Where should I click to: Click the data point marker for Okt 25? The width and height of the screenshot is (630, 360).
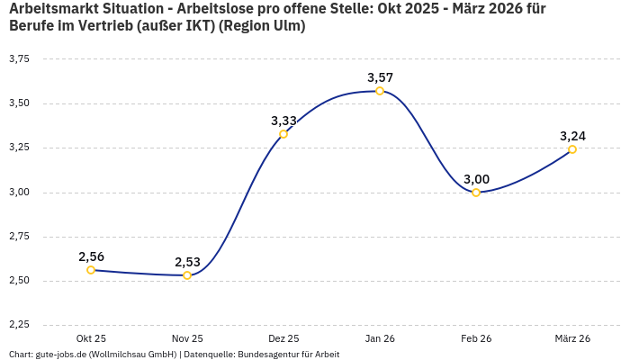coord(91,270)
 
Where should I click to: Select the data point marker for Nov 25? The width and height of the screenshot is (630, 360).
coord(187,275)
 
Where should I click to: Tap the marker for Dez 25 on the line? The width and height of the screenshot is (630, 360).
coord(283,134)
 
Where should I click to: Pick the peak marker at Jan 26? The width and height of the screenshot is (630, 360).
coord(380,91)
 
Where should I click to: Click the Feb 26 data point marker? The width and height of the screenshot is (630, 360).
coord(476,193)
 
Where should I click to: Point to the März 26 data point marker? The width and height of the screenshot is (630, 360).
coord(572,149)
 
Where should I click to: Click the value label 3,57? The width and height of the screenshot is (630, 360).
coord(380,77)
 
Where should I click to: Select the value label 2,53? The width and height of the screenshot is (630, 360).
coord(187,262)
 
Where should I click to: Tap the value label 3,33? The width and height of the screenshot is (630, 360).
coord(283,121)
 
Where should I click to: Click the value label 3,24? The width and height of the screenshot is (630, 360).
coord(572,136)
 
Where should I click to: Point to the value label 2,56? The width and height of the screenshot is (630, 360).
coord(91,256)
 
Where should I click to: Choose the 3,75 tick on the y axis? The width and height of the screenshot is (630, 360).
coord(19,58)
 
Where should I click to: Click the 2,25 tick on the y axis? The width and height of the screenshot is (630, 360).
coord(19,325)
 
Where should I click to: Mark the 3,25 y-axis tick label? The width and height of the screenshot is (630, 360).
coord(19,148)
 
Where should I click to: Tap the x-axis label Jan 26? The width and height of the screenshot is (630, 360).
coord(380,338)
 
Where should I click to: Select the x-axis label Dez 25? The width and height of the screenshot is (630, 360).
coord(283,338)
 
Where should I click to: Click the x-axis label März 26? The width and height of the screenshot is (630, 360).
coord(572,338)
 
